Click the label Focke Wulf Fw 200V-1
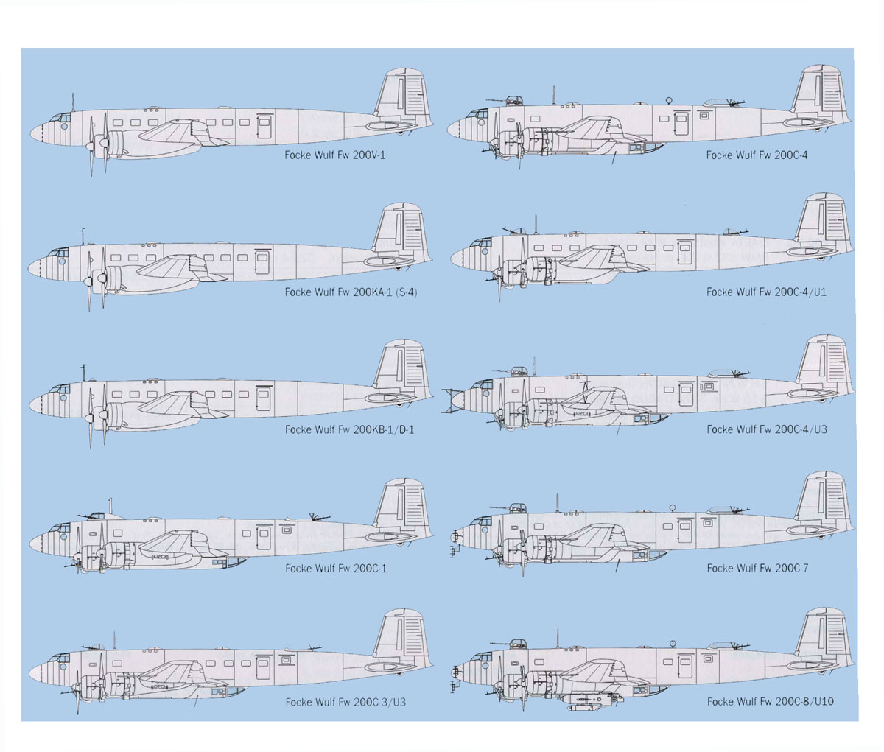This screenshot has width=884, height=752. coord(335,155)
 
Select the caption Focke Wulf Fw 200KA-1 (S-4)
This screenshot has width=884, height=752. coord(351,292)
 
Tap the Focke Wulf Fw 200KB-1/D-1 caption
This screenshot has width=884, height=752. coord(349,429)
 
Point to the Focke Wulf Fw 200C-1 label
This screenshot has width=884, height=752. coord(336,568)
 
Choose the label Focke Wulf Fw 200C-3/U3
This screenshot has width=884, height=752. coord(345,702)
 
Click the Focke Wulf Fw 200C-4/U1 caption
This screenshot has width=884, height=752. coord(766,292)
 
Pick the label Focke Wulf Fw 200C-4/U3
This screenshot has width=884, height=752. coord(767,429)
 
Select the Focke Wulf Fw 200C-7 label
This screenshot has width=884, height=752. coord(757,568)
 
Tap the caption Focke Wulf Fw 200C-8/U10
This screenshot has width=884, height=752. coord(771,701)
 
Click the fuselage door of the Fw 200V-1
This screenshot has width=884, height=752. coord(264,126)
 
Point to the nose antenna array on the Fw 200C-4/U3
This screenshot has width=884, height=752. coord(450,401)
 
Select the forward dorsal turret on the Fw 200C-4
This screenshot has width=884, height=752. coord(513,101)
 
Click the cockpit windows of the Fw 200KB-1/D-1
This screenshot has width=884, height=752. coord(60,389)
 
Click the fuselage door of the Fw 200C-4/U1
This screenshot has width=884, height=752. coord(684,252)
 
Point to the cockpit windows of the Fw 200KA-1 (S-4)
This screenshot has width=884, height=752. coord(58,252)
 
